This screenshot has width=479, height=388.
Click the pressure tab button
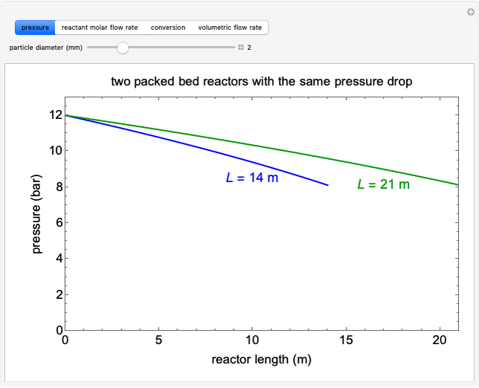pyautogui.click(x=35, y=28)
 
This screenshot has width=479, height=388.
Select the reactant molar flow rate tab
pyautogui.click(x=100, y=28)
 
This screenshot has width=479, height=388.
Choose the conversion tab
pyautogui.click(x=168, y=28)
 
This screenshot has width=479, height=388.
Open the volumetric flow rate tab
pyautogui.click(x=230, y=28)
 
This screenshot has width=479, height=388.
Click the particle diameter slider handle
pyautogui.click(x=123, y=48)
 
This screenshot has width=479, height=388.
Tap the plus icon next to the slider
pyautogui.click(x=241, y=48)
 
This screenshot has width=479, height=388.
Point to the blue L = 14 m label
pyautogui.click(x=251, y=178)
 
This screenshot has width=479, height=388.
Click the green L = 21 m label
pyautogui.click(x=383, y=184)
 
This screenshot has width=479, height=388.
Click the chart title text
pyautogui.click(x=261, y=81)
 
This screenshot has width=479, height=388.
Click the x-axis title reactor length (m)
pyautogui.click(x=261, y=360)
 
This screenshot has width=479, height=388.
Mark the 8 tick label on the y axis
pyautogui.click(x=53, y=187)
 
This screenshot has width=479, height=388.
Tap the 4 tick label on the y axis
pyautogui.click(x=53, y=259)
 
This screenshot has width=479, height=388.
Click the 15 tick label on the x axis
pyautogui.click(x=346, y=341)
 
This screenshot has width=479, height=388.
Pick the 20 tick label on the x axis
pyautogui.click(x=440, y=341)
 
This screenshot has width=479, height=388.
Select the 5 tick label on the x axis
pyautogui.click(x=158, y=341)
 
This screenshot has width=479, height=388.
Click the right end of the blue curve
pyautogui.click(x=327, y=185)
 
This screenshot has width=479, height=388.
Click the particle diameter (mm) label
pyautogui.click(x=46, y=48)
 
